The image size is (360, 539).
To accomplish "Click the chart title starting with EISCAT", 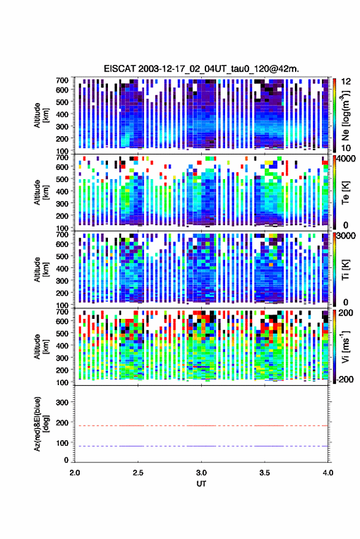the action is pyautogui.click(x=202, y=69).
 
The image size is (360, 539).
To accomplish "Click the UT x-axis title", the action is pyautogui.click(x=202, y=484).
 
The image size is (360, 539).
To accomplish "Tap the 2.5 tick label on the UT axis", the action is pyautogui.click(x=138, y=473).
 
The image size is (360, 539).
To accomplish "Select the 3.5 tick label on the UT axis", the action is pyautogui.click(x=265, y=473).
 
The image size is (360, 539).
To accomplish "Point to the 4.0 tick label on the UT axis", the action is pyautogui.click(x=328, y=473).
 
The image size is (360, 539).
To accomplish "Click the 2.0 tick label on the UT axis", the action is pyautogui.click(x=75, y=473).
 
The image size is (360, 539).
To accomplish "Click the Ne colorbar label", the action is pyautogui.click(x=345, y=115).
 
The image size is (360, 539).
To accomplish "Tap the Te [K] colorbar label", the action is pyautogui.click(x=345, y=193).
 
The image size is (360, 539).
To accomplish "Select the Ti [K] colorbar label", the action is pyautogui.click(x=345, y=270).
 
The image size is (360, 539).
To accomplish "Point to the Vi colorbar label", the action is pyautogui.click(x=345, y=346).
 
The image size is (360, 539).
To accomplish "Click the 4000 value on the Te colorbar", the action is pyautogui.click(x=347, y=159).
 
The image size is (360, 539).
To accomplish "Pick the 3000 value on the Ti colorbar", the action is pyautogui.click(x=347, y=236).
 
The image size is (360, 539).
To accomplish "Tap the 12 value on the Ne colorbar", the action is pyautogui.click(x=347, y=82).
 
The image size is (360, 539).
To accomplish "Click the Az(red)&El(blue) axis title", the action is pyautogui.click(x=41, y=424).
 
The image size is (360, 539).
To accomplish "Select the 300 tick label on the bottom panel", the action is pyautogui.click(x=63, y=402).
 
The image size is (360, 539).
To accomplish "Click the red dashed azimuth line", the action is pyautogui.click(x=202, y=426).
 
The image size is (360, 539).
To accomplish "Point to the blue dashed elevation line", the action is pyautogui.click(x=202, y=446).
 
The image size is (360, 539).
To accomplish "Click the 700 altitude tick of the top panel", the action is pyautogui.click(x=62, y=80).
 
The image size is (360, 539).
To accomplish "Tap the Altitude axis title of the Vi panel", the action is pyautogui.click(x=41, y=346).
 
